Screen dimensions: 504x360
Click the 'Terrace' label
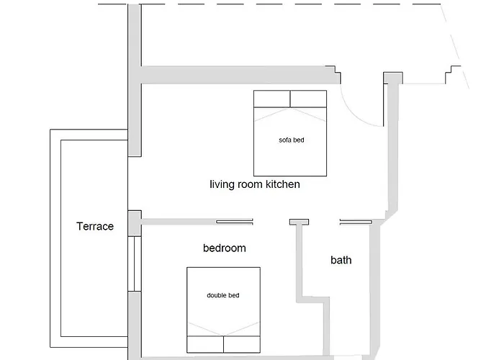click(95, 226)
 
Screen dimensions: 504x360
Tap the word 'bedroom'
click(225, 248)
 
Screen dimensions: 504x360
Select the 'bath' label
click(341, 260)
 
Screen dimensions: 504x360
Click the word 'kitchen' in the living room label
click(282, 184)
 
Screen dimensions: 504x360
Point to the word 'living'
click(222, 184)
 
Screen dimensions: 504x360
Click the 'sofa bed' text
click(291, 140)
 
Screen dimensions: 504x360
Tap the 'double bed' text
click(222, 295)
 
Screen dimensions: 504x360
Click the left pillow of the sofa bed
click(272, 99)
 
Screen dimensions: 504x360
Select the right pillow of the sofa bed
click(309, 99)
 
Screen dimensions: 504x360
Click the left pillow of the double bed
click(205, 345)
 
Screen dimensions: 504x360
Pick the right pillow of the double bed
click(242, 345)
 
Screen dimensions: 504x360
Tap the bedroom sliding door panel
click(234, 222)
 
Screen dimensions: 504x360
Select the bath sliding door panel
click(356, 222)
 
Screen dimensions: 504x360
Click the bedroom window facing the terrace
click(135, 264)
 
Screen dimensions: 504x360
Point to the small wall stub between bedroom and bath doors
click(300, 222)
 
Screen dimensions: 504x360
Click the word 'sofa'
click(285, 140)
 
